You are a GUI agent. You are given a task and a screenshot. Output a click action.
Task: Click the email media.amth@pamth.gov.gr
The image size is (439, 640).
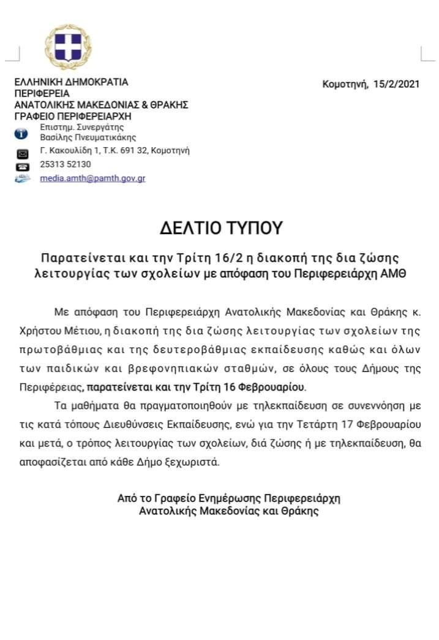tap(93, 178)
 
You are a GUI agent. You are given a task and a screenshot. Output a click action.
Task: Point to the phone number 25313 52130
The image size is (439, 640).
tap(66, 164)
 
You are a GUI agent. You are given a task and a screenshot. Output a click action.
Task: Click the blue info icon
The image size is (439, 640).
tap(21, 133)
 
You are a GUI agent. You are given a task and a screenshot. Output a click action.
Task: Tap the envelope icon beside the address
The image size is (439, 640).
tap(22, 153)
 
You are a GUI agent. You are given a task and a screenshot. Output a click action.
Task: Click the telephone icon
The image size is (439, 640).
tap(22, 166)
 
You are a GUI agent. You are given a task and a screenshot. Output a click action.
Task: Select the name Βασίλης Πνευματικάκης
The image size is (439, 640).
tap(88, 137)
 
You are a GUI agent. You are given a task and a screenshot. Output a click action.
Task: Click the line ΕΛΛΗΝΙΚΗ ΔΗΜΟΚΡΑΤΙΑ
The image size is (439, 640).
tap(71, 82)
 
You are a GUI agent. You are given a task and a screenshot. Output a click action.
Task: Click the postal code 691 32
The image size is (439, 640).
tap(135, 150)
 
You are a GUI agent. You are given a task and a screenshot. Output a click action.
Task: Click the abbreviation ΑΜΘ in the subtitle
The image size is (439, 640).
tap(396, 272)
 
